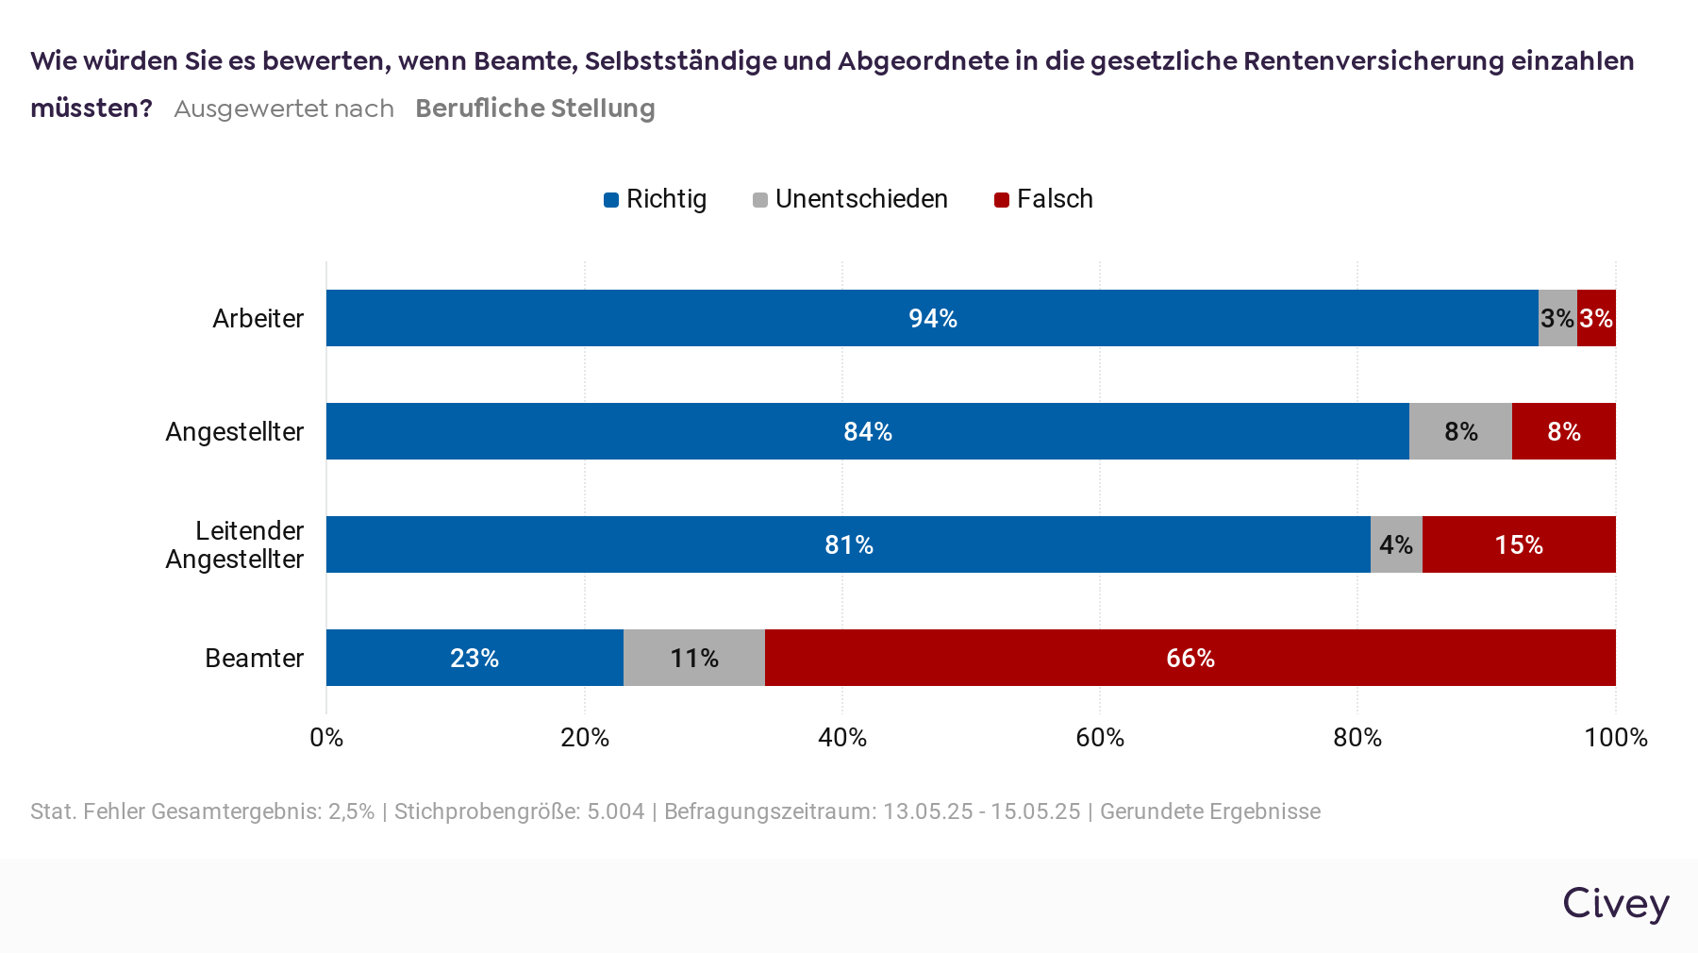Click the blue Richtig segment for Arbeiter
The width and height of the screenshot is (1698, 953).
tap(932, 318)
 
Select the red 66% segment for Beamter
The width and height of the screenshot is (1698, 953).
tap(1190, 658)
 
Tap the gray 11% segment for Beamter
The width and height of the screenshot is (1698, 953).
tap(694, 658)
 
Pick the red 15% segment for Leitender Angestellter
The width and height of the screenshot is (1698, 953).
tap(1519, 544)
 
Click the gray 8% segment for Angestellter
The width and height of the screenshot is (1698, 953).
tap(1460, 431)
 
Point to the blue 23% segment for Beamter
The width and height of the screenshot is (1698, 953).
tap(474, 658)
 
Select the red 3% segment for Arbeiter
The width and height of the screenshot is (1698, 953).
tap(1596, 318)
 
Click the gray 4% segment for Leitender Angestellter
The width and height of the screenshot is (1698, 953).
tap(1396, 544)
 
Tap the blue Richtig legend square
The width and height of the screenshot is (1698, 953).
tap(611, 200)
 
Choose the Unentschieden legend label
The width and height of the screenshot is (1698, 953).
tap(861, 199)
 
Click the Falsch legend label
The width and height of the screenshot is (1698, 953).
tap(1055, 199)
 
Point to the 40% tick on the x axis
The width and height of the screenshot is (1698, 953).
tap(842, 737)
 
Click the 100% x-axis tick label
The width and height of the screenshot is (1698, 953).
tap(1615, 737)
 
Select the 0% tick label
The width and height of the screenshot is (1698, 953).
tap(326, 737)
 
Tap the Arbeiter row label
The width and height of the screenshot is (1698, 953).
tap(258, 319)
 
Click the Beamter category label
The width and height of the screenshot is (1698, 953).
tap(254, 658)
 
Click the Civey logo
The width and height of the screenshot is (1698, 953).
tap(1616, 903)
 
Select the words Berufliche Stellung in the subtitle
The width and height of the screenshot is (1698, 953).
tap(535, 109)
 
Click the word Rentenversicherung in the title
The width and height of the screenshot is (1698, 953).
tap(1373, 60)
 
